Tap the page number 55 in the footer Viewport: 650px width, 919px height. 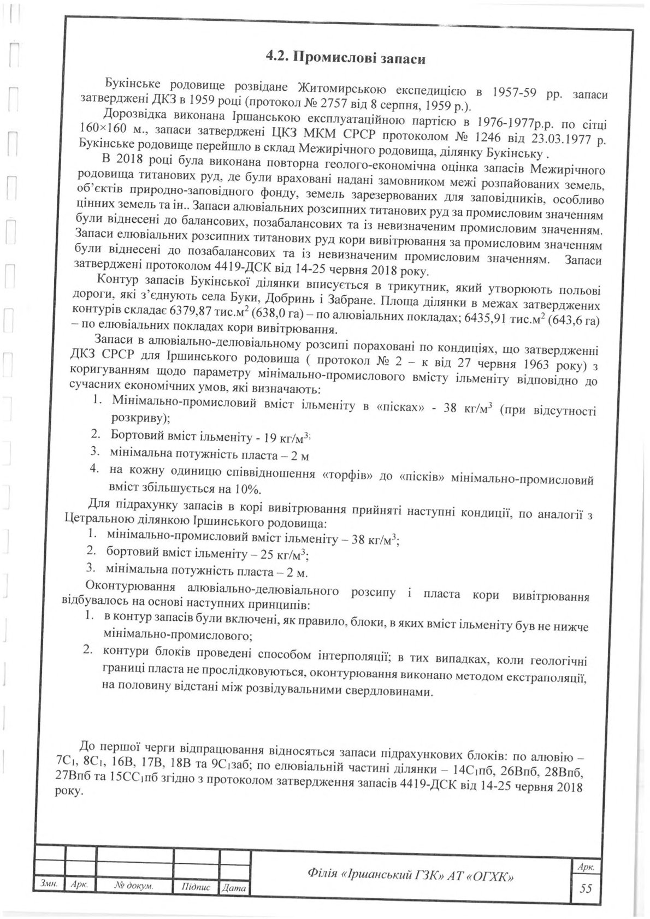pyautogui.click(x=586, y=888)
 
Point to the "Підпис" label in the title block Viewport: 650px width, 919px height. pyautogui.click(x=195, y=888)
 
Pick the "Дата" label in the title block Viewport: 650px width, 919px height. pyautogui.click(x=235, y=888)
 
